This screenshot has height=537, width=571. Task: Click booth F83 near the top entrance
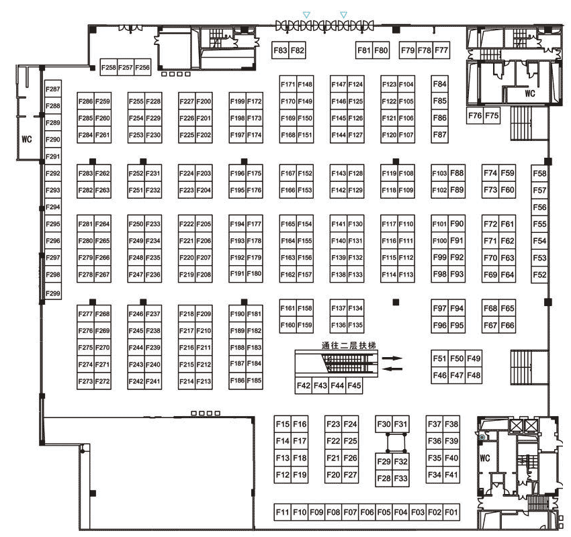click(x=280, y=50)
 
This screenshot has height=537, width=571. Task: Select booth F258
click(x=109, y=67)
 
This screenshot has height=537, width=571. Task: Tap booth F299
click(x=53, y=293)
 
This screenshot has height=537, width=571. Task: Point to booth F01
click(x=451, y=512)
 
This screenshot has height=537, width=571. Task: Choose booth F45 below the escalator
click(x=354, y=385)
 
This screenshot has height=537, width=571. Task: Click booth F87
click(x=439, y=135)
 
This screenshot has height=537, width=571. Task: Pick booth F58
click(x=539, y=173)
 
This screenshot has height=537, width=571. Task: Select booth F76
click(x=475, y=115)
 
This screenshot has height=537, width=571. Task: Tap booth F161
click(x=288, y=308)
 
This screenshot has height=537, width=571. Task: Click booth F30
click(x=384, y=424)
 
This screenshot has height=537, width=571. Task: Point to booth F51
click(x=439, y=358)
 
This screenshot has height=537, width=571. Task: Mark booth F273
click(x=85, y=381)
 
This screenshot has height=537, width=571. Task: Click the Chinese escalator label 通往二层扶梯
click(x=349, y=345)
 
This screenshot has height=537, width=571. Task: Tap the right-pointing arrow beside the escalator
click(x=392, y=358)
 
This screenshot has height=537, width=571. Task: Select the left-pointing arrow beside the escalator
click(x=392, y=369)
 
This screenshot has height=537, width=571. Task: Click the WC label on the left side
click(x=27, y=139)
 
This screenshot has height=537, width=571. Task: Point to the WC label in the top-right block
click(x=530, y=93)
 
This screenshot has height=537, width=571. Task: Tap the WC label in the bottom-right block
click(x=485, y=458)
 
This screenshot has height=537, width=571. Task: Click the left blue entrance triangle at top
click(x=306, y=15)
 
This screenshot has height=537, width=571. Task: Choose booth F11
click(x=282, y=512)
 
